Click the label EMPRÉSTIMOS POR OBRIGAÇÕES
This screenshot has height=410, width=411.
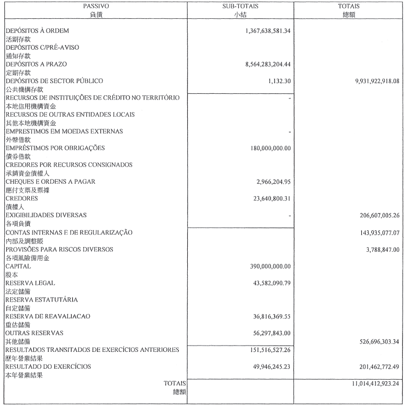(x=55, y=148)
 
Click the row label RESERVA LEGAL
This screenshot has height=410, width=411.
(x=30, y=283)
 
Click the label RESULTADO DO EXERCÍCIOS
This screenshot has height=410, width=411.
(x=48, y=367)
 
